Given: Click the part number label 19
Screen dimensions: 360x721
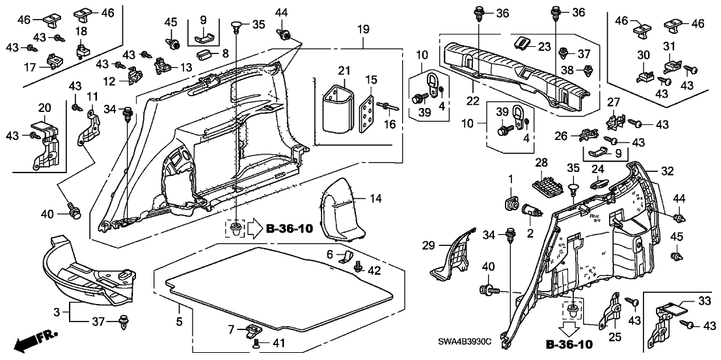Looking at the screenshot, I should (x=363, y=29).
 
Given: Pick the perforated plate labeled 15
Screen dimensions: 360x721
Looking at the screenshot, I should (x=370, y=111).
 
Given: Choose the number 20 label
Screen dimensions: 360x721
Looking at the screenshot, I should (x=45, y=107).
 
